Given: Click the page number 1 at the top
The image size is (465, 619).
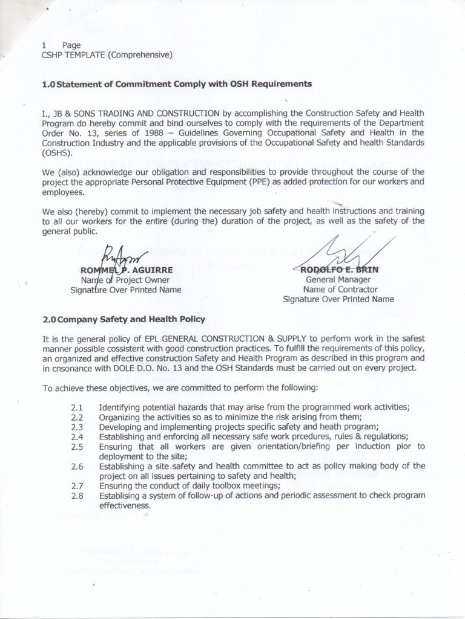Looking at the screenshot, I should (x=44, y=45).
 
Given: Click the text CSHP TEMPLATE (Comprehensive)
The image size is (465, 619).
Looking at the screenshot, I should (x=107, y=55).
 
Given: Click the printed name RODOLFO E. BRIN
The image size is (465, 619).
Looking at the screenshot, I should (x=338, y=270).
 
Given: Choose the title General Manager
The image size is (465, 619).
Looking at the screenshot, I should (x=338, y=279).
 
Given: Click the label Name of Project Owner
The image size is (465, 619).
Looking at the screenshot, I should (x=125, y=279).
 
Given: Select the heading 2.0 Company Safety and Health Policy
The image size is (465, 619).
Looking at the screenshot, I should (x=123, y=319).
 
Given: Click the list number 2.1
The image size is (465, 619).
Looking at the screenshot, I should (x=77, y=408).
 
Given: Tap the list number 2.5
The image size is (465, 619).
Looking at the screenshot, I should (x=77, y=447).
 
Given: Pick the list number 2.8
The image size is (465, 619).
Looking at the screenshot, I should (x=77, y=495).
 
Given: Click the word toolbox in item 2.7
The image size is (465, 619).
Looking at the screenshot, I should (x=212, y=485).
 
